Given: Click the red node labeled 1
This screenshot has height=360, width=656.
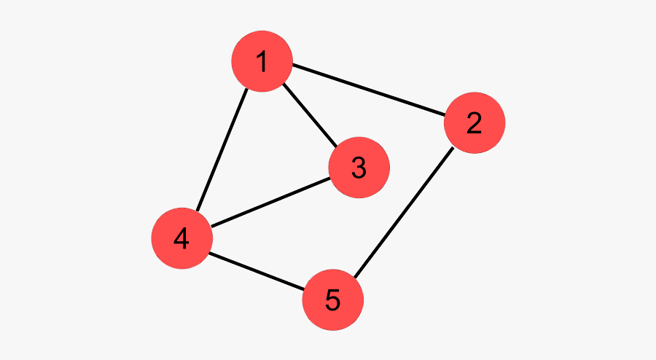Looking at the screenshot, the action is (x=262, y=61).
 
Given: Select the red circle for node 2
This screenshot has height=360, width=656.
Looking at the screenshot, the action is (x=475, y=122).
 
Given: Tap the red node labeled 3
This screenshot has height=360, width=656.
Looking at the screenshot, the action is (x=359, y=168).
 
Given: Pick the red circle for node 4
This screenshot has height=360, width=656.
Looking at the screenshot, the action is (x=182, y=238).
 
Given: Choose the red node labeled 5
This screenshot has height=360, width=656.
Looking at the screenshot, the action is (x=332, y=300).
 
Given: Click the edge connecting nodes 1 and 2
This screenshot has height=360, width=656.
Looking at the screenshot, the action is (x=368, y=90).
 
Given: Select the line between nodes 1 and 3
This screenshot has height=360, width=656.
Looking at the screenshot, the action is (x=310, y=115).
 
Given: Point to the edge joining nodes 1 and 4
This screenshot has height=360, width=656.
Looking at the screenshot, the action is (x=222, y=149).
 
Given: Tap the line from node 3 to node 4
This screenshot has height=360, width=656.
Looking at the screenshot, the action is (x=270, y=203).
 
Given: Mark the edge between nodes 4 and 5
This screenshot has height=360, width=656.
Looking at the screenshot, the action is (x=257, y=271).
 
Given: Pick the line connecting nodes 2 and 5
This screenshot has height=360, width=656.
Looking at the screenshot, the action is (x=404, y=212).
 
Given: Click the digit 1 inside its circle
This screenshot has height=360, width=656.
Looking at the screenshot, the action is (x=262, y=61).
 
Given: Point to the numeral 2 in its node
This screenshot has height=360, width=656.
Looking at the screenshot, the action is (x=474, y=122).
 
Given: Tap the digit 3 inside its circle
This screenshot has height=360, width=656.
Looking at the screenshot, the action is (x=359, y=168).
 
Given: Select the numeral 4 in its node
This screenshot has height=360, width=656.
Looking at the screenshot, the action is (x=181, y=238).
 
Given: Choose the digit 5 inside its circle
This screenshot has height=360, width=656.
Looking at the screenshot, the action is (x=332, y=300).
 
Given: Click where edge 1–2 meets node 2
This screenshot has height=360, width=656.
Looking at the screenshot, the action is (x=445, y=114).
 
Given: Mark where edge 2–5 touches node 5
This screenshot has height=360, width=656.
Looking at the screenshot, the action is (x=354, y=278).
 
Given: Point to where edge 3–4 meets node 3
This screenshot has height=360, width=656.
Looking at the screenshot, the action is (x=330, y=178).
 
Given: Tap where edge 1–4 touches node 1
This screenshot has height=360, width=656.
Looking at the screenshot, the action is (x=248, y=89).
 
